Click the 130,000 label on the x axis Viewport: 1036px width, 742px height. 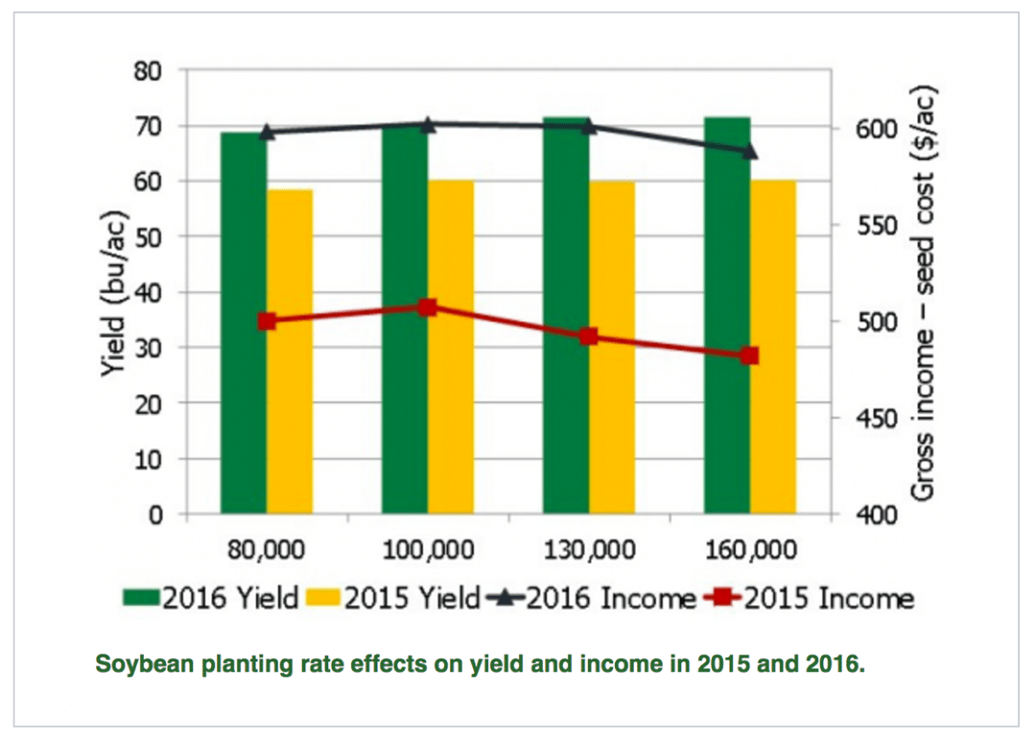589,550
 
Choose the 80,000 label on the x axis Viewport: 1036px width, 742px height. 266,550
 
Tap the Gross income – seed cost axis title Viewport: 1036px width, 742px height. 922,293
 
